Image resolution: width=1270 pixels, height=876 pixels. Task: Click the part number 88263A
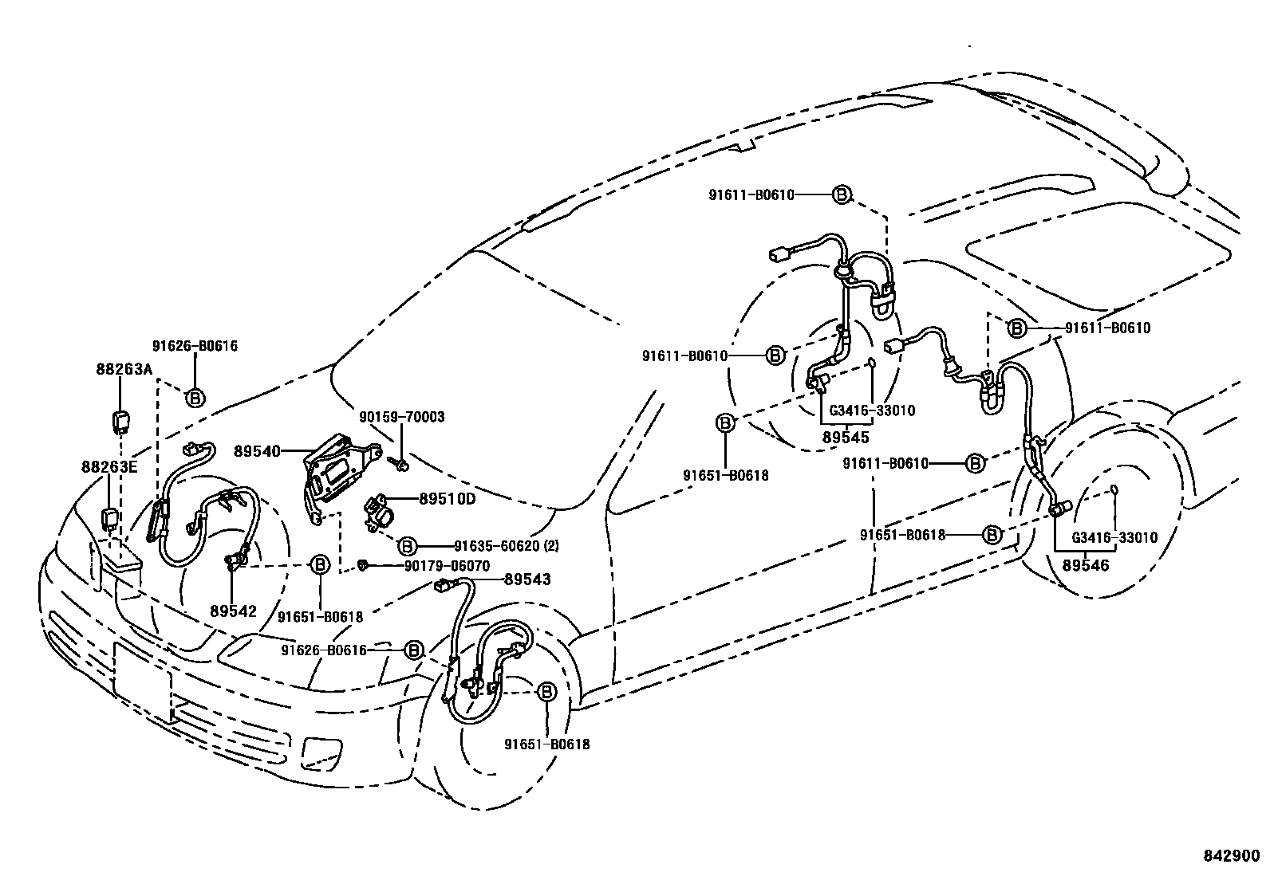pos(124,369)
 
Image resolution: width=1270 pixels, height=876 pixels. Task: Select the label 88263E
pos(108,466)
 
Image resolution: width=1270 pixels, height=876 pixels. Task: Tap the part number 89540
pos(257,451)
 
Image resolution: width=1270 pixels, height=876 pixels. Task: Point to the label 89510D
pos(448,499)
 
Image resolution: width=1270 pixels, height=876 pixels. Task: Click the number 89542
pos(233,611)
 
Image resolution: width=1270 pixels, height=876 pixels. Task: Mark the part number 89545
pos(846,437)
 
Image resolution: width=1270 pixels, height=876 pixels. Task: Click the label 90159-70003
pos(402,417)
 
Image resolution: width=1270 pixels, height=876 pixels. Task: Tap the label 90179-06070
pos(447,565)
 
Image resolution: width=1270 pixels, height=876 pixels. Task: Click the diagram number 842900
pos(1233,854)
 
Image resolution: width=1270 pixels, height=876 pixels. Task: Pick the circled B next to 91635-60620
pos(406,546)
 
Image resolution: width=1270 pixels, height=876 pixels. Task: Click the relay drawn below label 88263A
pos(120,419)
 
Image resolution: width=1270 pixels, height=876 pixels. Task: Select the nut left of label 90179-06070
pos(363,565)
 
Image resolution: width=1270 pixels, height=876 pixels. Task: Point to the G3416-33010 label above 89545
pos(872,411)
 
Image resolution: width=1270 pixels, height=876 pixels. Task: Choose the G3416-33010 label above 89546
pos(1114,538)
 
